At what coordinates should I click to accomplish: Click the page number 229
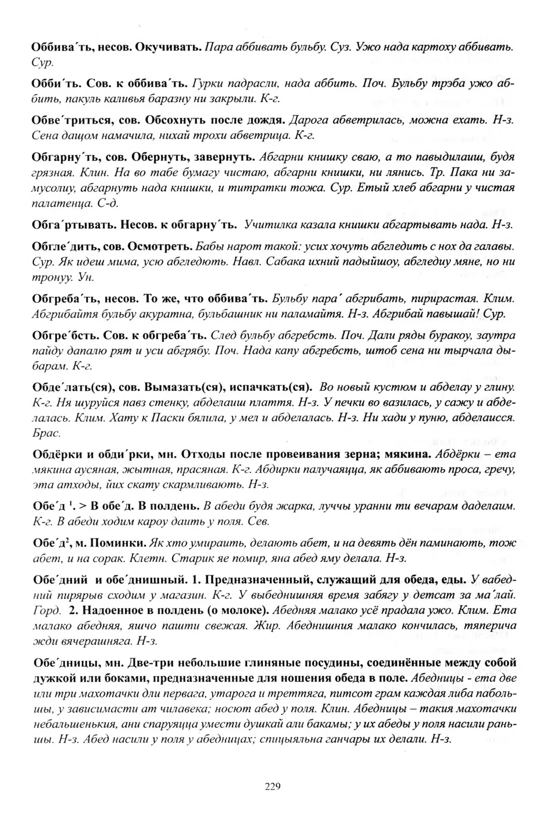point(273,787)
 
